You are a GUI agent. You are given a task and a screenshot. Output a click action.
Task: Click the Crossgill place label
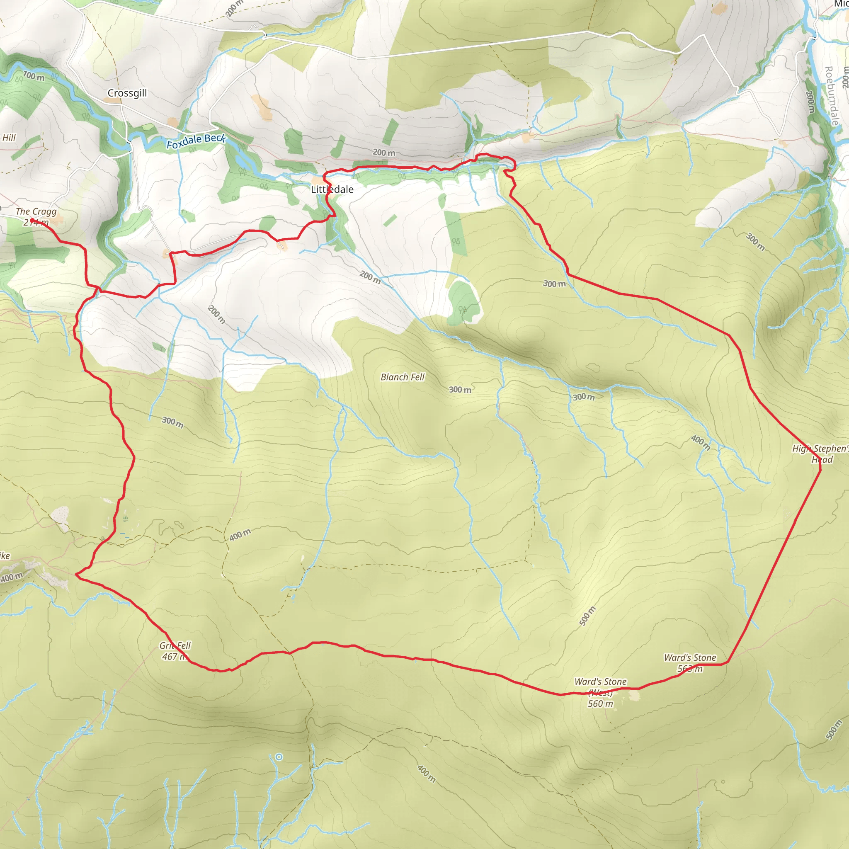(x=127, y=93)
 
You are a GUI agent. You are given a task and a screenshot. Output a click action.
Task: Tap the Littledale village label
(x=332, y=189)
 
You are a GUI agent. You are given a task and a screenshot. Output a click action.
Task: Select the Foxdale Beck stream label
(x=196, y=141)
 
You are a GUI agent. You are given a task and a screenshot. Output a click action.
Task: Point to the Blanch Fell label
(x=403, y=377)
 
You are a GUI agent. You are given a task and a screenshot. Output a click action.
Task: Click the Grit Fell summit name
(x=175, y=645)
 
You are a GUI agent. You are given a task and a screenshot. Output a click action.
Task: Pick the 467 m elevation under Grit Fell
(x=175, y=657)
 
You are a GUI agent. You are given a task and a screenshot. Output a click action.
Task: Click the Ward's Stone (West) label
(x=600, y=687)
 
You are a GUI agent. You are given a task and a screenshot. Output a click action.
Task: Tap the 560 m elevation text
(x=600, y=703)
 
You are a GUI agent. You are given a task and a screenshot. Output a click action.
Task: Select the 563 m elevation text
(x=690, y=669)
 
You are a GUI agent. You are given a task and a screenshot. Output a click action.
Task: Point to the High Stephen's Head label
(x=820, y=454)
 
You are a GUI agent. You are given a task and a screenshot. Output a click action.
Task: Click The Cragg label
(x=36, y=211)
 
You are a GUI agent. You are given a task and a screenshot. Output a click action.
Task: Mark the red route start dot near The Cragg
(x=32, y=221)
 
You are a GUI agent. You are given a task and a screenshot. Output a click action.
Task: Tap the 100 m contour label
(x=34, y=76)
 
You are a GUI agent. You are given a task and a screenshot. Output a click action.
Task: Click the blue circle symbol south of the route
(x=279, y=757)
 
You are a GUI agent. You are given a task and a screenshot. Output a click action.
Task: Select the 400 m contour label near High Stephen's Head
(x=701, y=442)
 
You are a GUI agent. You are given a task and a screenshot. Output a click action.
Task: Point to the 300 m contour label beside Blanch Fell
(x=460, y=390)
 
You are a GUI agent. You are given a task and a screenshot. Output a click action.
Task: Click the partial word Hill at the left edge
(x=9, y=138)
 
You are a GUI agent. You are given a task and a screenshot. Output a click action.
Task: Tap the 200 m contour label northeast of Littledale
(x=383, y=153)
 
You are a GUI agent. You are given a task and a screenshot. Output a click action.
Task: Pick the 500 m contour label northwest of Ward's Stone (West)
(x=587, y=616)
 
